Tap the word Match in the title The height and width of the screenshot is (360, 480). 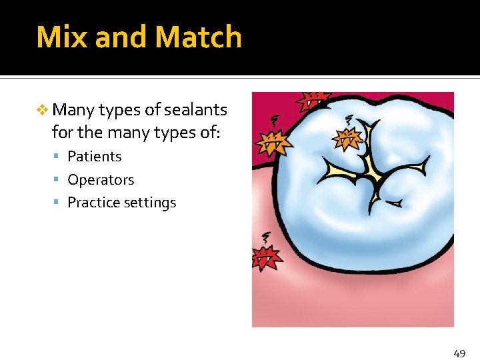[199, 37]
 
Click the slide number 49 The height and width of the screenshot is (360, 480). [459, 353]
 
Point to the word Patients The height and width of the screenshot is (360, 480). [95, 156]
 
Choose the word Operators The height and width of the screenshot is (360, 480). [101, 179]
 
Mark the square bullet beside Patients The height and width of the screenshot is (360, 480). [59, 157]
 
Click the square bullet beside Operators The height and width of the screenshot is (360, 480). [59, 180]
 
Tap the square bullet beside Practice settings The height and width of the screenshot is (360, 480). [59, 203]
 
